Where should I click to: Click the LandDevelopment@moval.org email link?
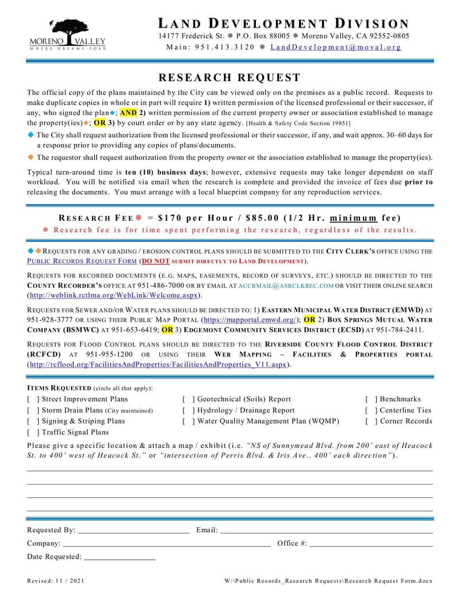coord(336,47)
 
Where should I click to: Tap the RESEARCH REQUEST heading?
coord(229,78)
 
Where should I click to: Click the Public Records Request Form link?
coord(82,260)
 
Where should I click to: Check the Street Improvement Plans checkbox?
coord(33,399)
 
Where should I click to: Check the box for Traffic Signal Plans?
coord(33,432)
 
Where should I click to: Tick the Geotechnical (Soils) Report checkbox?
coord(188,399)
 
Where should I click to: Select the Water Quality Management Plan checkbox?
coord(188,421)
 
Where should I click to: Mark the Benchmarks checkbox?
coord(371,399)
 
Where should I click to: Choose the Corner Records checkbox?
coord(371,421)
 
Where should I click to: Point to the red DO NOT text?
coord(156,260)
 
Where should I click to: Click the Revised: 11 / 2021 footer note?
coord(56,581)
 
